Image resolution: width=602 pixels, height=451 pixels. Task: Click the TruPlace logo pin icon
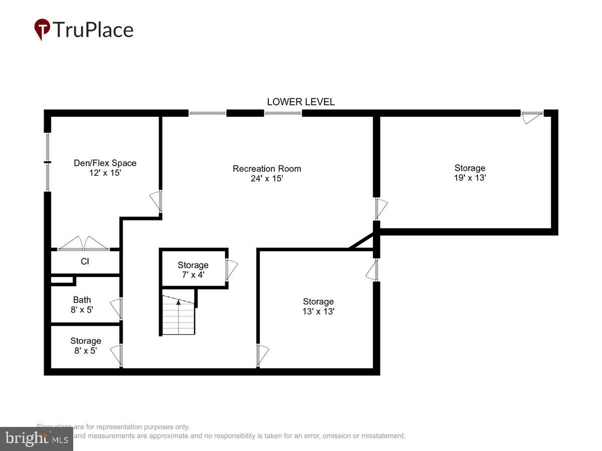coord(42,29)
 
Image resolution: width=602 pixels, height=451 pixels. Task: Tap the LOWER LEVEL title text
coord(300,102)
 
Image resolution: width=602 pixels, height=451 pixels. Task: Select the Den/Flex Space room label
coord(105,163)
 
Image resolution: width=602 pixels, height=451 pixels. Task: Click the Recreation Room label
coord(267,168)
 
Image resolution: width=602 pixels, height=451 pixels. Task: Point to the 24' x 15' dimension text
coord(267,178)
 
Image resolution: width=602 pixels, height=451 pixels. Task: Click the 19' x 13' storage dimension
coord(470,177)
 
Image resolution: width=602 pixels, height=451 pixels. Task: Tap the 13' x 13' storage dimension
coord(318,311)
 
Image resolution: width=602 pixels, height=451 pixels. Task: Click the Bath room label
coord(82,300)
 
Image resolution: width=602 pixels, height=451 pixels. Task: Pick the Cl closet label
coord(85,261)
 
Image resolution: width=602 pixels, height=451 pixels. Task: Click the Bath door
coord(116,308)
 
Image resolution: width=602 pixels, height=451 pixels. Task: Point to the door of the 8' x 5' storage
coord(116,355)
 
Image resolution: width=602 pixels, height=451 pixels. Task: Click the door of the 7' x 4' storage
coord(231,270)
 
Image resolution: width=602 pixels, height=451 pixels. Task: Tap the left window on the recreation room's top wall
coord(207,113)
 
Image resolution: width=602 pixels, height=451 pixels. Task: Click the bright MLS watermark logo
coord(36,438)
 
